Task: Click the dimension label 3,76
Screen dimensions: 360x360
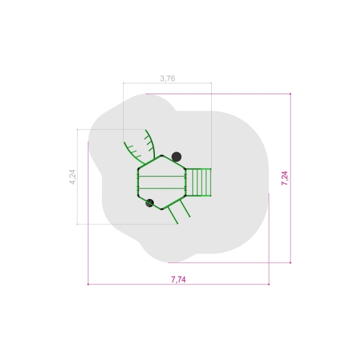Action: click(x=167, y=79)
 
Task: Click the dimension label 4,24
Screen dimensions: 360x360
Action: click(x=73, y=177)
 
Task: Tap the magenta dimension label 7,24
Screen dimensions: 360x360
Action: click(x=284, y=178)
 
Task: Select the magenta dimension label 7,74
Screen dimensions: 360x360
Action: click(x=178, y=280)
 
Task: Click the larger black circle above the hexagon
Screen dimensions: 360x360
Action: click(x=176, y=157)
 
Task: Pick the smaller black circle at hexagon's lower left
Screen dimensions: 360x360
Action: click(x=149, y=203)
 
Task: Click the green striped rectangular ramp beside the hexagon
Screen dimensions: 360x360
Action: click(x=198, y=182)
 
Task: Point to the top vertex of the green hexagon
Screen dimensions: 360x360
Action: click(x=161, y=155)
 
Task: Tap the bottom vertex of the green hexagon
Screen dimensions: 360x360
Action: click(x=161, y=209)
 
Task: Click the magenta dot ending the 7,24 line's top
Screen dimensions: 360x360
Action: click(x=290, y=94)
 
